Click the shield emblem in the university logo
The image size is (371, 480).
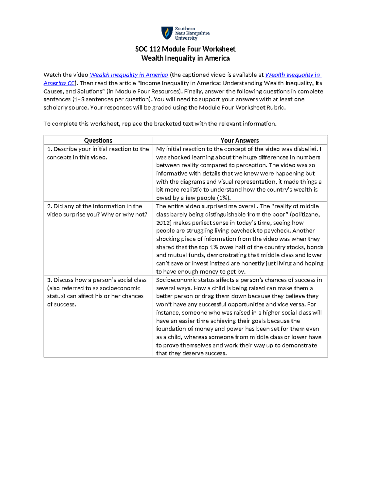167,33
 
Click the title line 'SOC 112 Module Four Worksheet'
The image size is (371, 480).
185,49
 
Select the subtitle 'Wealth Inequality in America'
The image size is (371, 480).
185,58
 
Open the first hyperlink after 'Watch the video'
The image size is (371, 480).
129,75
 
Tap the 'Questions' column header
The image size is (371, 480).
98,140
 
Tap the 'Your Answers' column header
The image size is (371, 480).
240,140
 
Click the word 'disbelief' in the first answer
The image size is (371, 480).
305,149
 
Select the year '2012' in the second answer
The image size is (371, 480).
162,223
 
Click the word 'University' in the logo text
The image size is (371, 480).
186,38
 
